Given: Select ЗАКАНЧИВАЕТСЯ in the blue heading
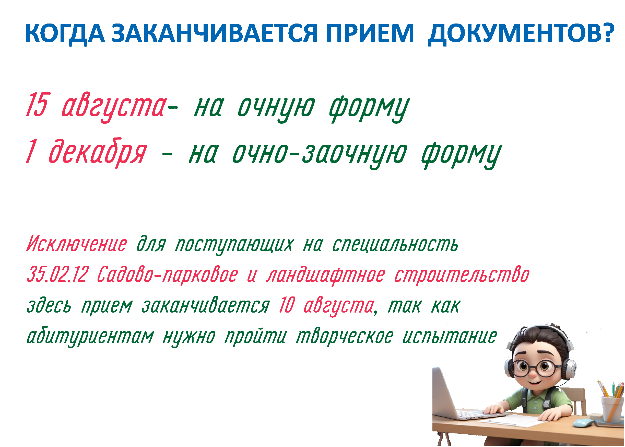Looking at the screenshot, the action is [215, 33].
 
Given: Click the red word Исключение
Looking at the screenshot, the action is [77, 244].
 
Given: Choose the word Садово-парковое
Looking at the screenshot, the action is [167, 276].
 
